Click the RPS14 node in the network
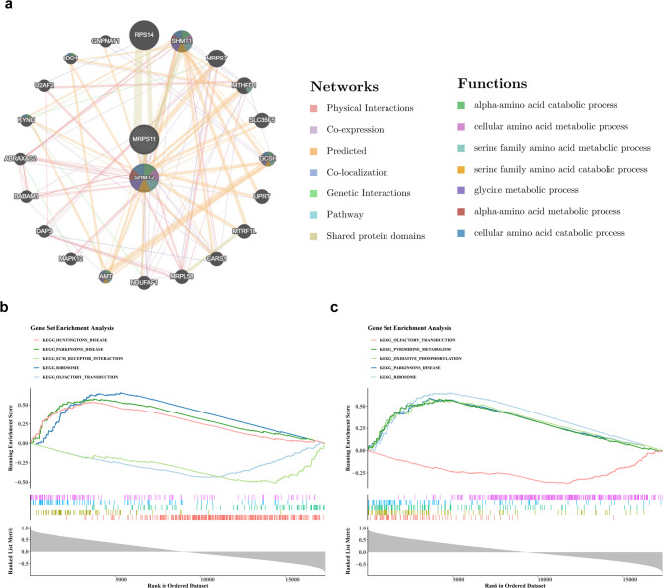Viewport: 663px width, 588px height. click(x=144, y=34)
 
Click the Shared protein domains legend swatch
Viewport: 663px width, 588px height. click(x=315, y=236)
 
